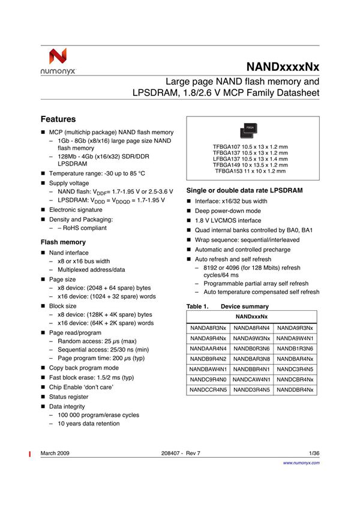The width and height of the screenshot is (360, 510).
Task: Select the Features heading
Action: click(x=58, y=119)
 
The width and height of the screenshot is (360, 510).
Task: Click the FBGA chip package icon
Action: click(x=250, y=128)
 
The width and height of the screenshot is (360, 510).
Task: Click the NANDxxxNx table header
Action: click(x=251, y=316)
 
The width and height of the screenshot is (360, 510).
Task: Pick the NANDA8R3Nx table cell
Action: click(x=208, y=328)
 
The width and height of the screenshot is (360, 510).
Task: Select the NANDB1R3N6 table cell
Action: click(x=295, y=348)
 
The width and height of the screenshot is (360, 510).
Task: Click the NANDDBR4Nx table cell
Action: click(x=295, y=389)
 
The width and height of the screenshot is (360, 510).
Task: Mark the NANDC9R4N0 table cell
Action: click(x=208, y=379)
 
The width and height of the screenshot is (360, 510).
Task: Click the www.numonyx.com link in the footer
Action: click(x=301, y=463)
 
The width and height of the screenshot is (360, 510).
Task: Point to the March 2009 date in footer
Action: click(x=55, y=453)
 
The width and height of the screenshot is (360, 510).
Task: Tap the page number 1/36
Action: click(x=314, y=453)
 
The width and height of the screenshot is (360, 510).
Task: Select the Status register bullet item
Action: click(x=68, y=397)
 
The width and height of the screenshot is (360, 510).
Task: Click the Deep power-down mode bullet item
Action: click(x=227, y=211)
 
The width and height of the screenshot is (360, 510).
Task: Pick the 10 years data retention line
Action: click(x=88, y=424)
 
